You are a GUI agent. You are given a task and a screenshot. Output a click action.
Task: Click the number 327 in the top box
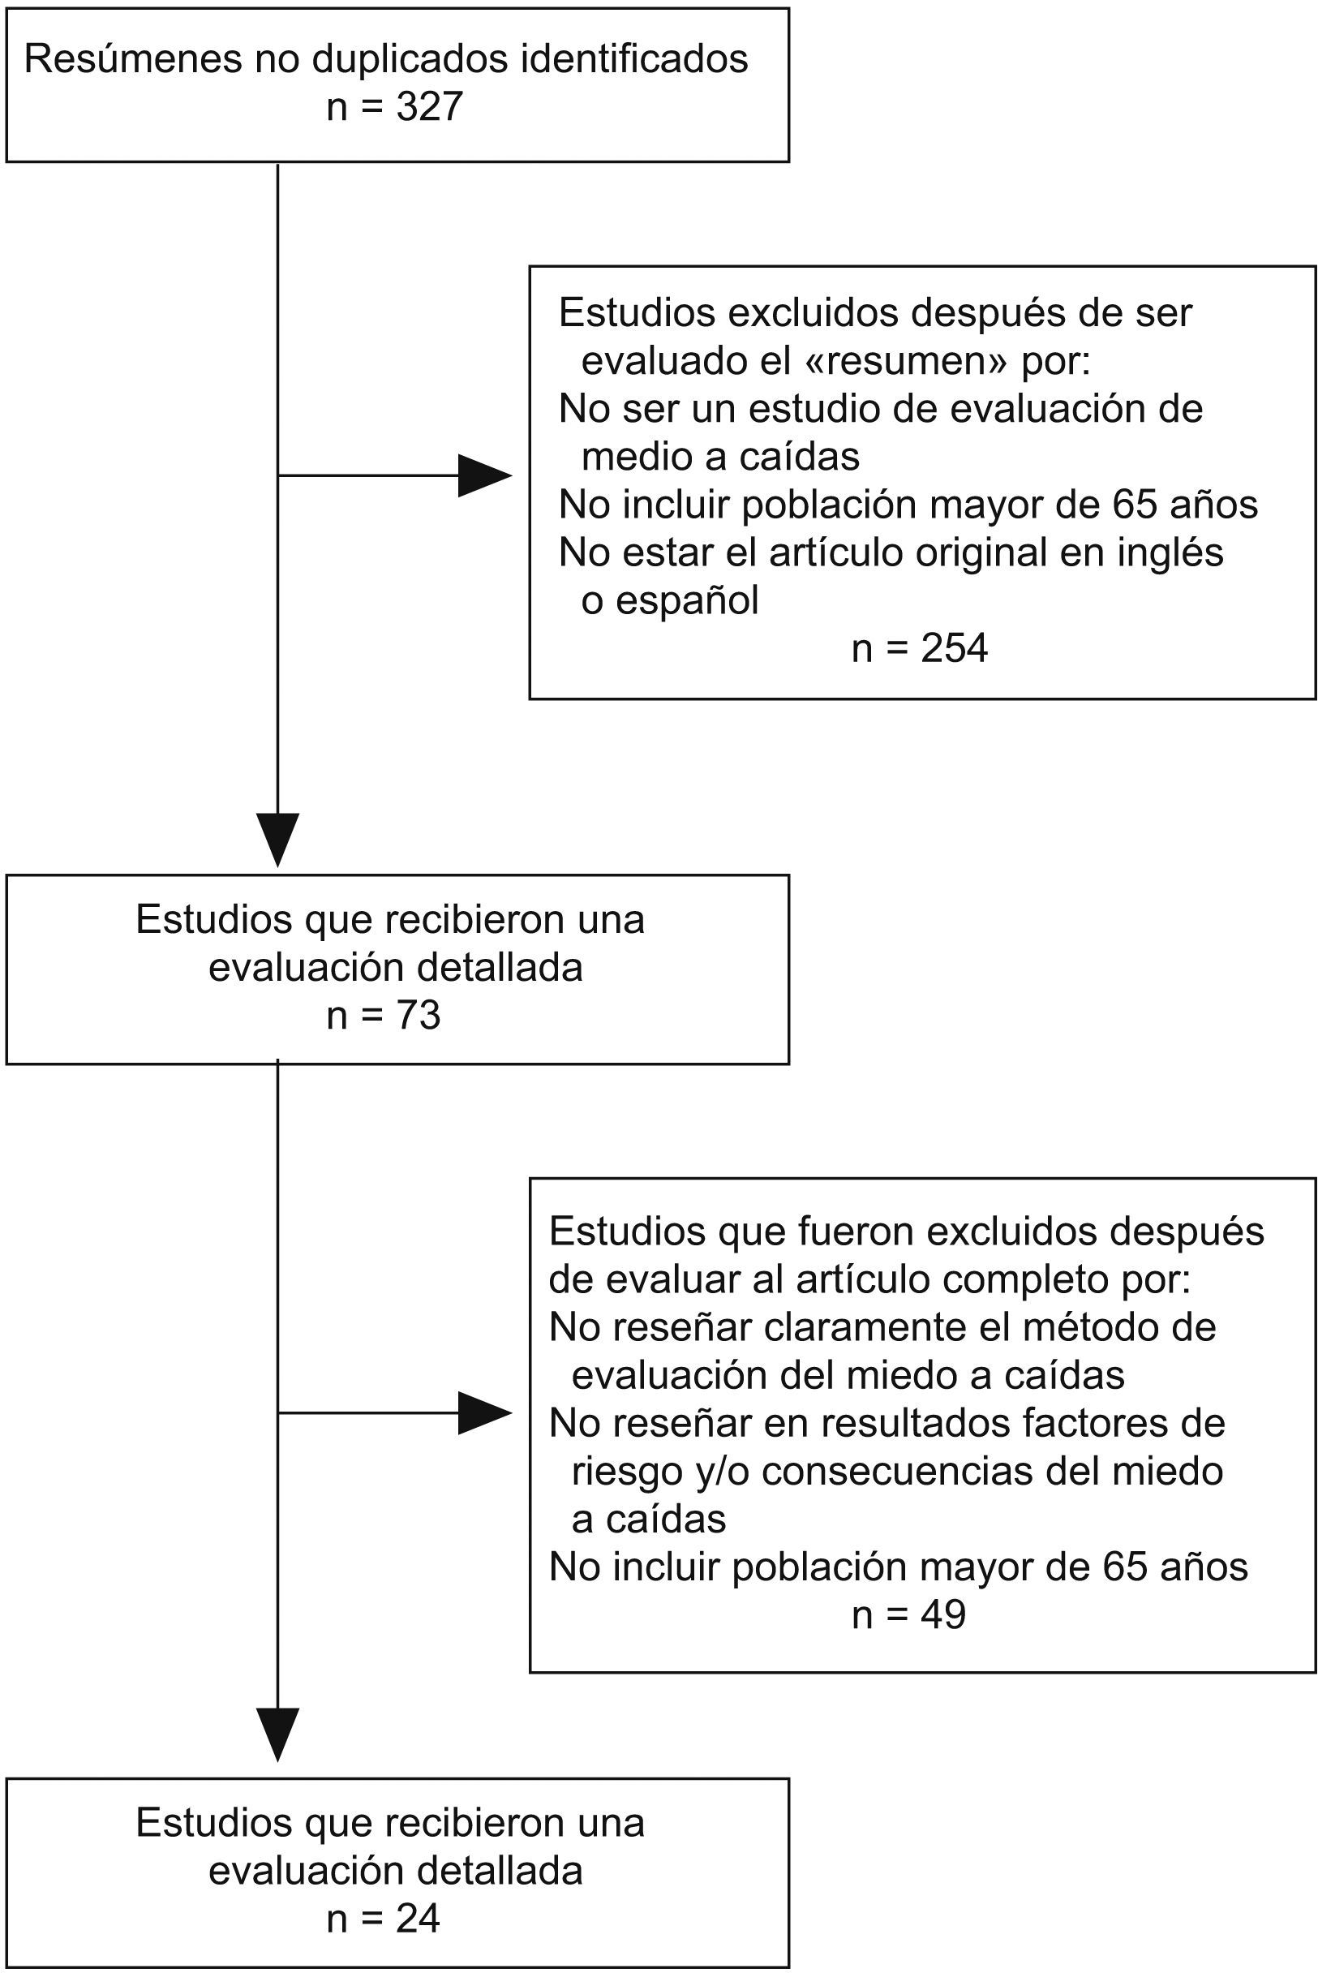tap(430, 108)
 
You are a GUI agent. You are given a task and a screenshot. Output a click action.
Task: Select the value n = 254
tap(920, 648)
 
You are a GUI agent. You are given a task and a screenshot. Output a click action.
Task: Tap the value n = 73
tap(384, 1016)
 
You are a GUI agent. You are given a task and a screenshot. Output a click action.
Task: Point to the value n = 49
tap(908, 1615)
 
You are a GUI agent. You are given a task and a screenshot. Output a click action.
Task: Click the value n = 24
tap(384, 1919)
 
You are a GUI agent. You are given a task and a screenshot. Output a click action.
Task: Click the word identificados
tap(634, 60)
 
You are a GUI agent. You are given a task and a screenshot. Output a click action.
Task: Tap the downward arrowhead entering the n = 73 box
tap(277, 838)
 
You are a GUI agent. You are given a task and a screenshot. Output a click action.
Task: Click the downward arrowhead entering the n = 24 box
tap(277, 1734)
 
